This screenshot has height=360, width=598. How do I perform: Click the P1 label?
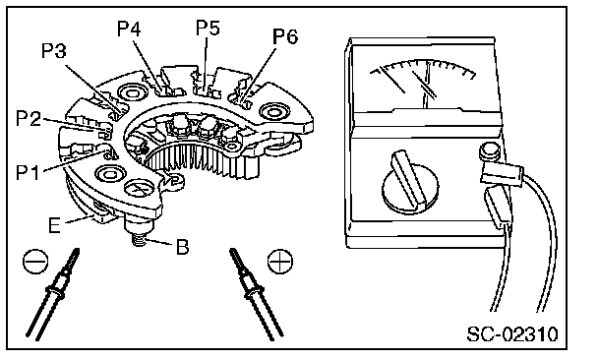coord(28,172)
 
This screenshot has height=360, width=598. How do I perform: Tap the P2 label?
coord(29,118)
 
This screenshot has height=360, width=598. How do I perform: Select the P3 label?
coord(53,51)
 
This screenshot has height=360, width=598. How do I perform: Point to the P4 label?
coord(129,29)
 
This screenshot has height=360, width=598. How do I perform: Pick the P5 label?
coord(208,28)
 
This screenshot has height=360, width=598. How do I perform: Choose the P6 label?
coord(285,36)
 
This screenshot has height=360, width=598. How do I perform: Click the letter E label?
coord(54,225)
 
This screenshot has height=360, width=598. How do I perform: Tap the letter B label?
coord(182,247)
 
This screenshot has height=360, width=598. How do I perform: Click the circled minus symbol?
coord(35,262)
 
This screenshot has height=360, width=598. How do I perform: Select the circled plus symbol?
coord(280,262)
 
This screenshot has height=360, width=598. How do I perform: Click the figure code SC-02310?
coord(512,334)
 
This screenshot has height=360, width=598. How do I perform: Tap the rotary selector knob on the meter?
coord(409,183)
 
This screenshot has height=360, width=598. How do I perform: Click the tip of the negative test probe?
coord(78,249)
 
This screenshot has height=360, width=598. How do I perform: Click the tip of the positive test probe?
coord(231,250)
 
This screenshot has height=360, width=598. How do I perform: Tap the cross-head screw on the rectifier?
coord(140,189)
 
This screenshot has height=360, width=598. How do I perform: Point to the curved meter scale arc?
coord(423,64)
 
